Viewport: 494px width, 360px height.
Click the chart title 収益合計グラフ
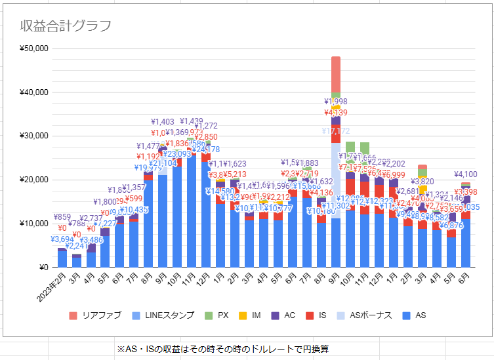tap(65, 26)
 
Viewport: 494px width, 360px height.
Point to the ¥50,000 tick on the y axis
tap(33, 49)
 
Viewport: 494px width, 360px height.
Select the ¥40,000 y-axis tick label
tap(33, 92)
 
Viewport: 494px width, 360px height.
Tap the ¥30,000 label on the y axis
tap(33, 136)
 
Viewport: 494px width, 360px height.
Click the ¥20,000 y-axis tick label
tap(33, 180)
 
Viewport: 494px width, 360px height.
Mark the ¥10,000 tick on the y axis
tap(33, 224)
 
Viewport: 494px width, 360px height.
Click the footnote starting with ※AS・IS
tap(223, 349)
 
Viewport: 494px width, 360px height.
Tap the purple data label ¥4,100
tap(465, 174)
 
